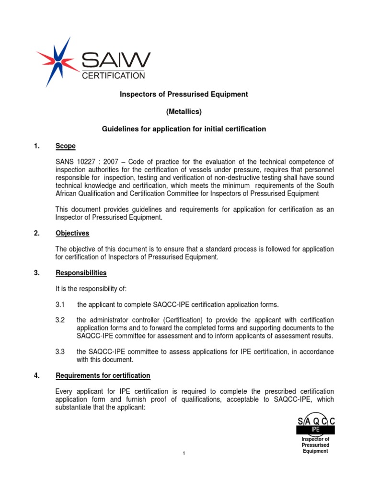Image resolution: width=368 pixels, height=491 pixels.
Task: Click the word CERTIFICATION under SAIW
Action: click(114, 75)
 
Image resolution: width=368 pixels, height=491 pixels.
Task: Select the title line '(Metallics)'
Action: click(184, 112)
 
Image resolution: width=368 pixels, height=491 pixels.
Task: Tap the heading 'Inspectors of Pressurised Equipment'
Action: click(184, 94)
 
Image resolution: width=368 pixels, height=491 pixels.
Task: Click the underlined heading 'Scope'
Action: click(66, 146)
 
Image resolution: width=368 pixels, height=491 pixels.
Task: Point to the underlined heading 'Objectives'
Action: click(72, 234)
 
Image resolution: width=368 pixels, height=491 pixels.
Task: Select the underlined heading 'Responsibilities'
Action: click(81, 273)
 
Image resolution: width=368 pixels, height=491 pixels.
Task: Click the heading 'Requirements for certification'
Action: click(103, 375)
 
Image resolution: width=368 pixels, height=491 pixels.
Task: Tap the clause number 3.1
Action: click(60, 305)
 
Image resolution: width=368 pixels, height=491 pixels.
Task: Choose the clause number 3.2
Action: click(60, 320)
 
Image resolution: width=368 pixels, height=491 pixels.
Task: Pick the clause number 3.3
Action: click(60, 352)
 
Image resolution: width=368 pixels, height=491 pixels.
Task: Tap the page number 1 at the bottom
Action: click(184, 454)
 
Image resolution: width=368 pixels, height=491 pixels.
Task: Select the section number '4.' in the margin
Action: click(37, 375)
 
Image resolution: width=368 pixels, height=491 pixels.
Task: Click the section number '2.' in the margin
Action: click(37, 234)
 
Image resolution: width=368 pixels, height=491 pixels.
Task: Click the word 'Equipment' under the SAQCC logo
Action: click(315, 451)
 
